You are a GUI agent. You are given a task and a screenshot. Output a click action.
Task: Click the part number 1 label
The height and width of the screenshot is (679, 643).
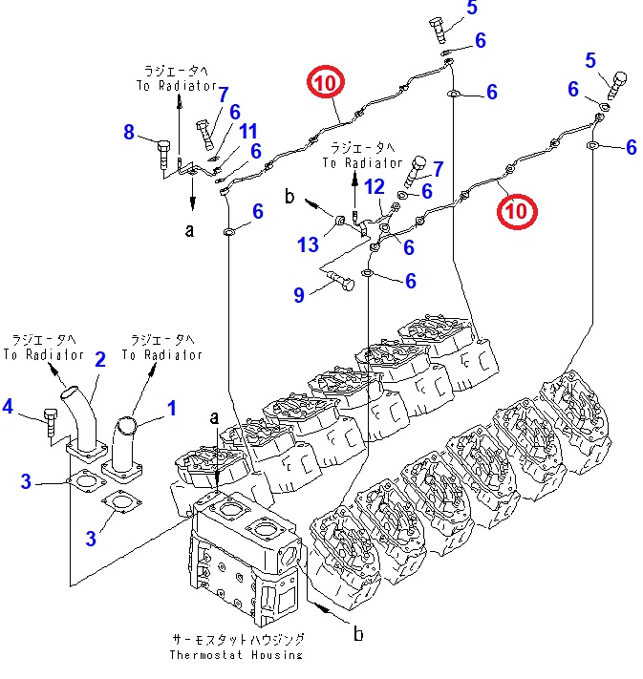coord(172,410)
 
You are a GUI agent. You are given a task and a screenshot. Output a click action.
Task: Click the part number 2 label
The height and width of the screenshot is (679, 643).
coord(99,359)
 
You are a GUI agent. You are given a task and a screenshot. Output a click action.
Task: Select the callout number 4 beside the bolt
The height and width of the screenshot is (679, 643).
coord(8,407)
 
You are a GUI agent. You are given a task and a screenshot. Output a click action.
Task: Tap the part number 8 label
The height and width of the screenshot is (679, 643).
coord(130,133)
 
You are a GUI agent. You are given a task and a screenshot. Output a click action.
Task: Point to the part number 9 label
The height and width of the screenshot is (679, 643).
coord(299,296)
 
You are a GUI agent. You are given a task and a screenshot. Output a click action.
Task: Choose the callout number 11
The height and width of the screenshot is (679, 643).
coord(248,131)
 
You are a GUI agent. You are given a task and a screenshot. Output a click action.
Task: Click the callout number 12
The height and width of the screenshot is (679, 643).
coord(374,186)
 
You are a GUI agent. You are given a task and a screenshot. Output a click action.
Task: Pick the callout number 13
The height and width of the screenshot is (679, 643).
coord(307,245)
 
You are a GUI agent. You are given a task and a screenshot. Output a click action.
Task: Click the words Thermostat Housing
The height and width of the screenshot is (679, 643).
coord(235,654)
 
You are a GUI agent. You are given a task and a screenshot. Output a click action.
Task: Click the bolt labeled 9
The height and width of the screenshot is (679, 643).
coord(337,279)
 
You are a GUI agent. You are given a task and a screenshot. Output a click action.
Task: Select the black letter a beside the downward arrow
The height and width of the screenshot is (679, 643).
coord(189,230)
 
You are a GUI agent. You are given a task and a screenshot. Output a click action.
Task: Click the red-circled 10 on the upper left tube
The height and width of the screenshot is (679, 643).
coord(322,83)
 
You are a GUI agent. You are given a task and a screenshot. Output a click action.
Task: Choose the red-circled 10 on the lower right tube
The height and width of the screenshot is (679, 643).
coord(516,210)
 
